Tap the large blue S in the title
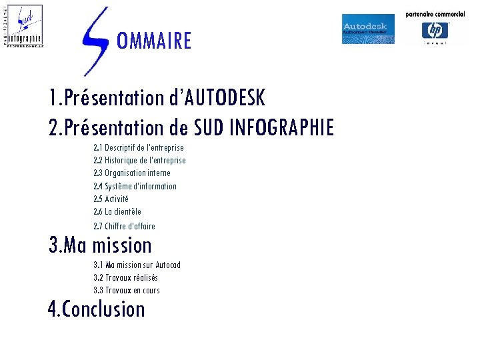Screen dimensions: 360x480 [x=95, y=40]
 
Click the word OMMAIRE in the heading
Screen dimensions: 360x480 [x=153, y=41]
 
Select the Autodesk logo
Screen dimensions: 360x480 [x=368, y=29]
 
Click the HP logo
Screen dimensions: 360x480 [x=435, y=31]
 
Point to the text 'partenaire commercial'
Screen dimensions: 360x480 [x=435, y=14]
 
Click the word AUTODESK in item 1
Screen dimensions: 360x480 [x=225, y=99]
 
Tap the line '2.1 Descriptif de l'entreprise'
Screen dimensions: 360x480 [x=139, y=147]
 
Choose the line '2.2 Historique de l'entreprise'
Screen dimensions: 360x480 [x=139, y=160]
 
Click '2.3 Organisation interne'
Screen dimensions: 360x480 [x=132, y=173]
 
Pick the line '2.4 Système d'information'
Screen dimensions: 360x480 [x=135, y=186]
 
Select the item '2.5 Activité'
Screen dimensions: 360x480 [x=111, y=199]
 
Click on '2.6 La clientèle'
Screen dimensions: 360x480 [x=117, y=211]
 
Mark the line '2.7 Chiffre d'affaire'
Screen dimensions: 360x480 [x=124, y=226]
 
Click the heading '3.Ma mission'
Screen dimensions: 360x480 [x=101, y=245]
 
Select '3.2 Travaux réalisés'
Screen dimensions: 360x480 [x=125, y=277]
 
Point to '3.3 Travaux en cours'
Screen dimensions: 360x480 [x=127, y=290]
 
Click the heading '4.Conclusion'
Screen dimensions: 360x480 [x=97, y=309]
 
